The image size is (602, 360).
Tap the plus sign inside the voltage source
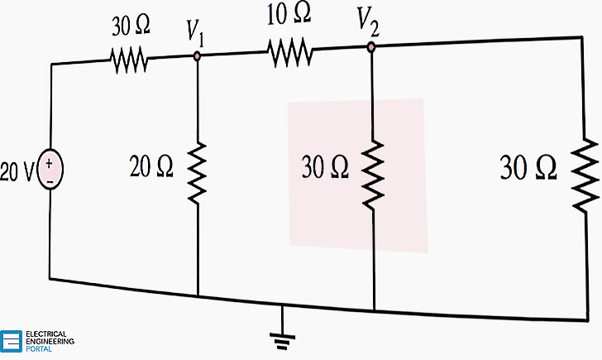50,163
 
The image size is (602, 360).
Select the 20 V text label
17,171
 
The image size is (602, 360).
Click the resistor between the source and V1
129,59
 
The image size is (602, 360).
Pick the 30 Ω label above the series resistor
131,26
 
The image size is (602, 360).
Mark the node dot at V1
198,57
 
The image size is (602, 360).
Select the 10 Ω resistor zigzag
289,53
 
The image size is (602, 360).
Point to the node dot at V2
371,48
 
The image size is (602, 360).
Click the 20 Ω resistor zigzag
198,171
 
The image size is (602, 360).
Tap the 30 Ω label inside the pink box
325,169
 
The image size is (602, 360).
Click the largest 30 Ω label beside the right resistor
528,168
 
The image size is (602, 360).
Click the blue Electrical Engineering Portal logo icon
12,341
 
